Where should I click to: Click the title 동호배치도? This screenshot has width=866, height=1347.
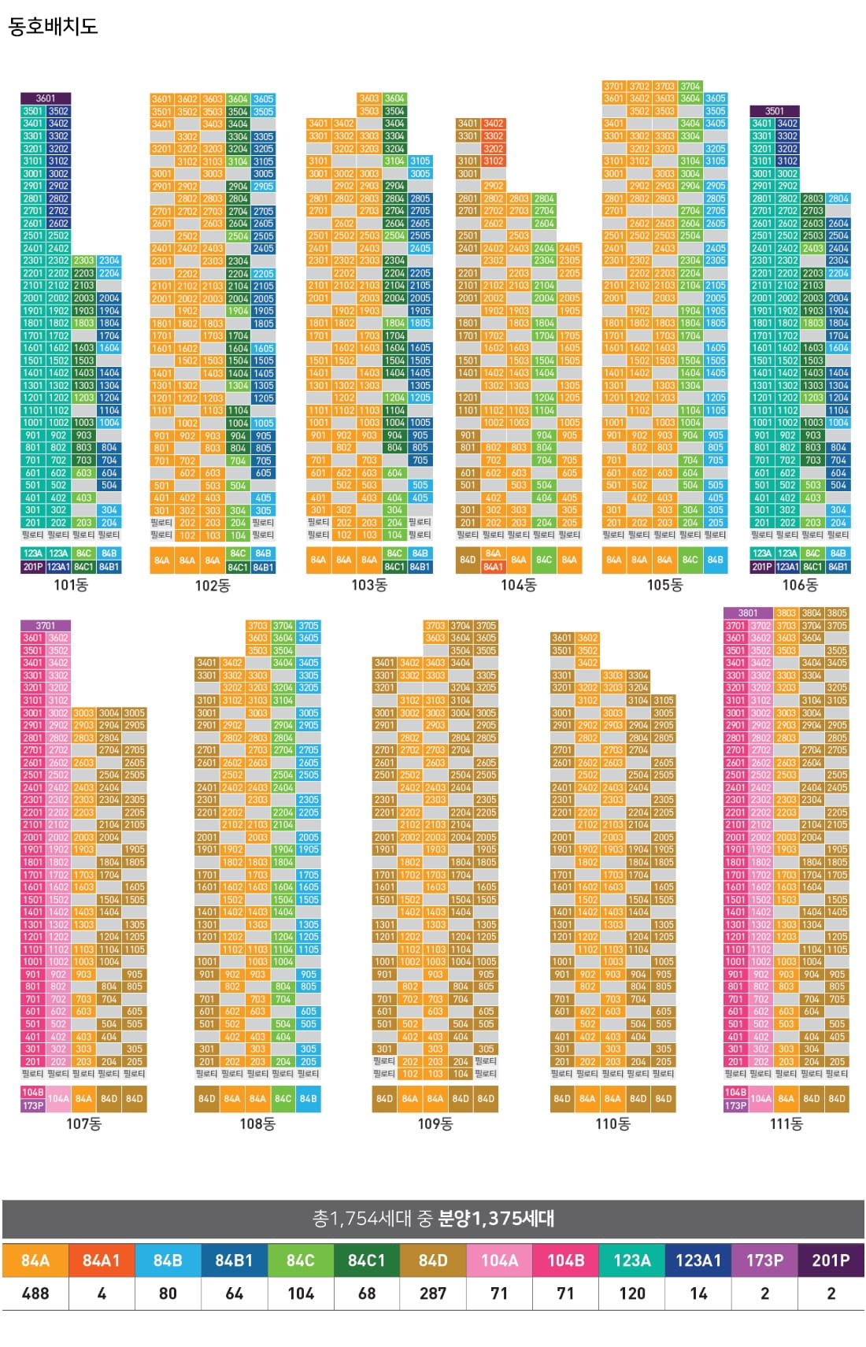click(53, 27)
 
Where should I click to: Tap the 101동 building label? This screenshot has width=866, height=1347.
click(71, 585)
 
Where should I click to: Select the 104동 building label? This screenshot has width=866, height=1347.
click(518, 585)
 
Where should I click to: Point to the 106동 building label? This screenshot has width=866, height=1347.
click(800, 585)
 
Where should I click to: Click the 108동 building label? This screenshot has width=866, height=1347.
click(257, 1124)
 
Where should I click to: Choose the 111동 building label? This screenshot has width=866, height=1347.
click(786, 1124)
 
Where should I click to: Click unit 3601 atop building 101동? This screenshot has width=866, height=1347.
click(46, 98)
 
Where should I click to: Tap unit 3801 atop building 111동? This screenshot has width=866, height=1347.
click(748, 613)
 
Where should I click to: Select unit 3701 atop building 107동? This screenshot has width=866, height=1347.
click(46, 626)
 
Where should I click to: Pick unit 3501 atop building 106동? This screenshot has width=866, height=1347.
click(775, 111)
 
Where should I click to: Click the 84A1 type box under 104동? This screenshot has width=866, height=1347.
click(493, 566)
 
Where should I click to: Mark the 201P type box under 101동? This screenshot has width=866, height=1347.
click(33, 566)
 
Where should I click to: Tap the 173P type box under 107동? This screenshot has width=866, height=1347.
click(33, 1105)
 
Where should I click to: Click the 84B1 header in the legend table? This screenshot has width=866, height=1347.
click(234, 1260)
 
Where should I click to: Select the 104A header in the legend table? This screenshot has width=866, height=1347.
click(499, 1260)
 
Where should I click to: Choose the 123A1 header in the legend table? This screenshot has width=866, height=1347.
click(698, 1260)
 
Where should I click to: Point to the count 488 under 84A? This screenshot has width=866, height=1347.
click(35, 1293)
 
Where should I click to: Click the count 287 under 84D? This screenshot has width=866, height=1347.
click(433, 1293)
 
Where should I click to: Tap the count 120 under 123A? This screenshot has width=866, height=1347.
click(632, 1293)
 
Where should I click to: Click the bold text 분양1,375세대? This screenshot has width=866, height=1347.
click(496, 1219)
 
